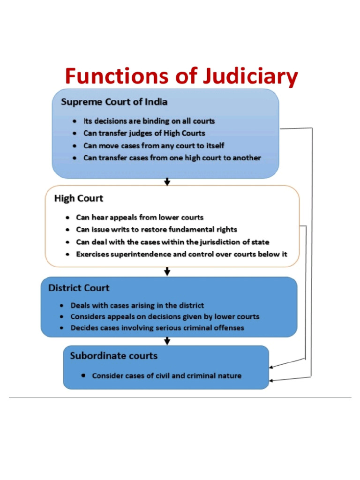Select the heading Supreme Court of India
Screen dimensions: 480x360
coord(114,102)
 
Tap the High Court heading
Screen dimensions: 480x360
coord(79,198)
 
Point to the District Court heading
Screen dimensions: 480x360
coord(79,288)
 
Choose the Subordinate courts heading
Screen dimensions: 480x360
coord(113,356)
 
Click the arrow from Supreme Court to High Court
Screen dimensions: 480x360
coord(167,182)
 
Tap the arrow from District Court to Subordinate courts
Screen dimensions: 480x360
coord(167,341)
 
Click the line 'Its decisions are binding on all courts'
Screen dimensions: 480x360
coord(149,121)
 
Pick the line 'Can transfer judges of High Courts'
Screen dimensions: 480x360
coord(144,133)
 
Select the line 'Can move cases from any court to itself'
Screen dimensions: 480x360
coord(154,146)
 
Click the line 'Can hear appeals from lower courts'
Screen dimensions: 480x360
coord(140,217)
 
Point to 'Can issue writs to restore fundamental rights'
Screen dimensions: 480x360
coord(157,230)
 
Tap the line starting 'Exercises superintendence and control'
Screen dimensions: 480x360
coord(181,255)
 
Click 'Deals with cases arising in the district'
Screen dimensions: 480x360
coord(137,305)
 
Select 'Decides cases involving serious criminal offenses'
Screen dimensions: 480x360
coord(157,328)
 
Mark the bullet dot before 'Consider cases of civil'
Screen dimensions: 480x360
coord(83,375)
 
